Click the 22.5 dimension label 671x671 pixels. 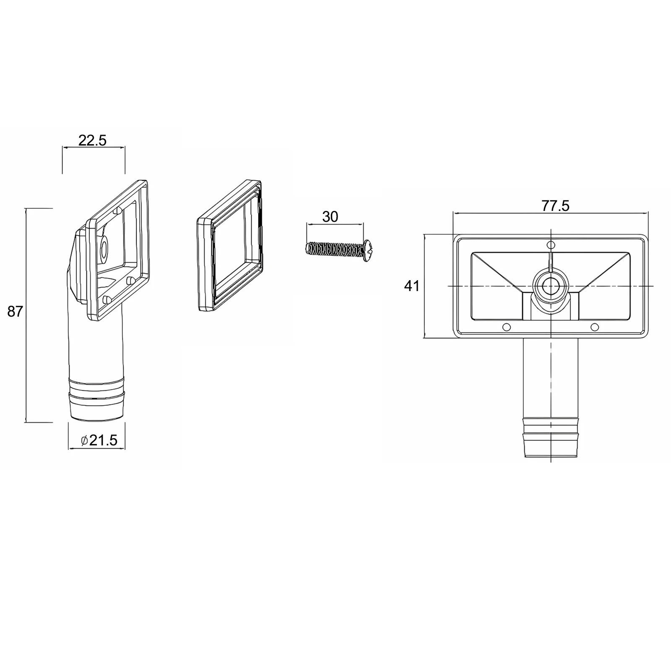tap(93, 140)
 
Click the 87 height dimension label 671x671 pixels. tap(15, 312)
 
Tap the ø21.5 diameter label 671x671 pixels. tap(99, 440)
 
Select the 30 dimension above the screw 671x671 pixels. tap(330, 217)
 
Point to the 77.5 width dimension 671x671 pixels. tap(555, 206)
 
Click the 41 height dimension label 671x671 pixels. tap(411, 286)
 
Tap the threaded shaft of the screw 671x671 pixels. tap(333, 249)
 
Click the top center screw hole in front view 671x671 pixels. tap(551, 244)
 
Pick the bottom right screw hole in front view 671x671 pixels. tap(594, 327)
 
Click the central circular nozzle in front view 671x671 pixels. tap(549, 286)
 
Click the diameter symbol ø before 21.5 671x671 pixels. tap(84, 440)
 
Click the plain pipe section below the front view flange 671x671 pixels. tap(551, 377)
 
